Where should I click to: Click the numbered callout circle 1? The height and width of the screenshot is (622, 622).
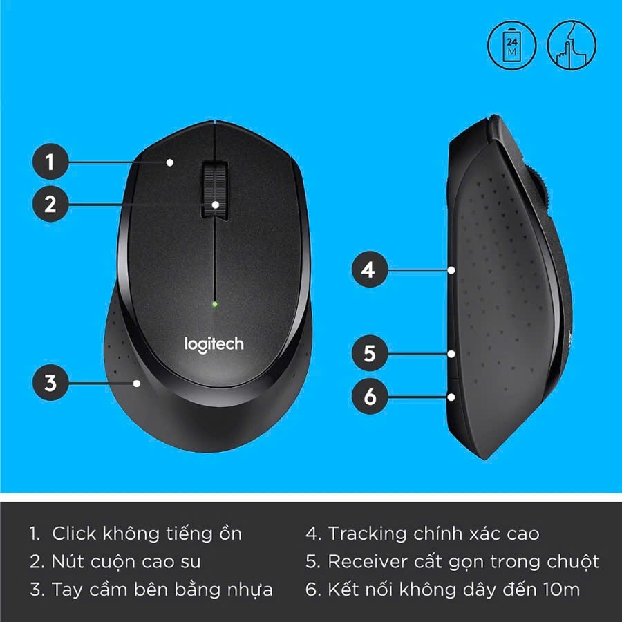click(x=50, y=162)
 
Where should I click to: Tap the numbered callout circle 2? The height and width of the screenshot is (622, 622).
click(x=50, y=204)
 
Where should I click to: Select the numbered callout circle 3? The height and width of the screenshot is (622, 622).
click(x=50, y=382)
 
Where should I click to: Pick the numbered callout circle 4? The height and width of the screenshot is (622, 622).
click(x=370, y=270)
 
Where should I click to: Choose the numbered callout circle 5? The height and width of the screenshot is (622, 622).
click(x=370, y=353)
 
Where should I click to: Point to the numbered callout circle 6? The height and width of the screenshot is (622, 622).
click(x=370, y=396)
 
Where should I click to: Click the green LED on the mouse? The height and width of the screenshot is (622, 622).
click(x=215, y=304)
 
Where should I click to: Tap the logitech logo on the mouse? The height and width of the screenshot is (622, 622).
click(x=214, y=345)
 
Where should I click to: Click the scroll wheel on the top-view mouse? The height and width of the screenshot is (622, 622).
click(x=215, y=190)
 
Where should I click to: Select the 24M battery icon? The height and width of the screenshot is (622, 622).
click(x=511, y=45)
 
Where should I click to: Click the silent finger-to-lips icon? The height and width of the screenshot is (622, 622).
click(x=572, y=45)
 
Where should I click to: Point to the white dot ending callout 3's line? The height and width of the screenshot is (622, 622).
click(x=137, y=383)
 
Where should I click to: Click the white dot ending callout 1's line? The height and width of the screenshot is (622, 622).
click(x=170, y=162)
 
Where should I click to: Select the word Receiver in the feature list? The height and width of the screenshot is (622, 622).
click(x=368, y=561)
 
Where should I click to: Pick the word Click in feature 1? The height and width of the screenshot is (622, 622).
click(x=74, y=533)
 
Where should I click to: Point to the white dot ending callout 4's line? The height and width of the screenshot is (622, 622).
click(x=451, y=270)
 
